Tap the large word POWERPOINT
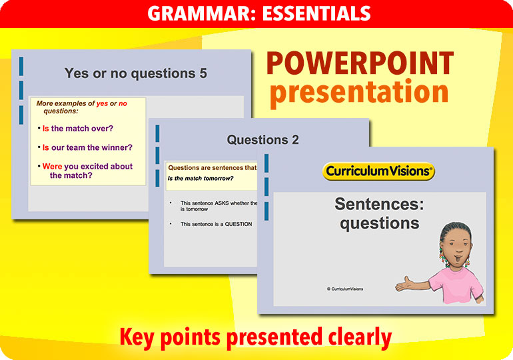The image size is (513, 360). click(x=360, y=63)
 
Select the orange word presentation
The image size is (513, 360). click(x=359, y=92)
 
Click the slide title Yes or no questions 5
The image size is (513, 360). click(x=136, y=73)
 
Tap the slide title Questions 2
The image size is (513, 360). click(x=262, y=140)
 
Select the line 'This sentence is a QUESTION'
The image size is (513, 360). click(x=216, y=224)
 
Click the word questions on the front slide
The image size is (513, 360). click(x=379, y=223)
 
